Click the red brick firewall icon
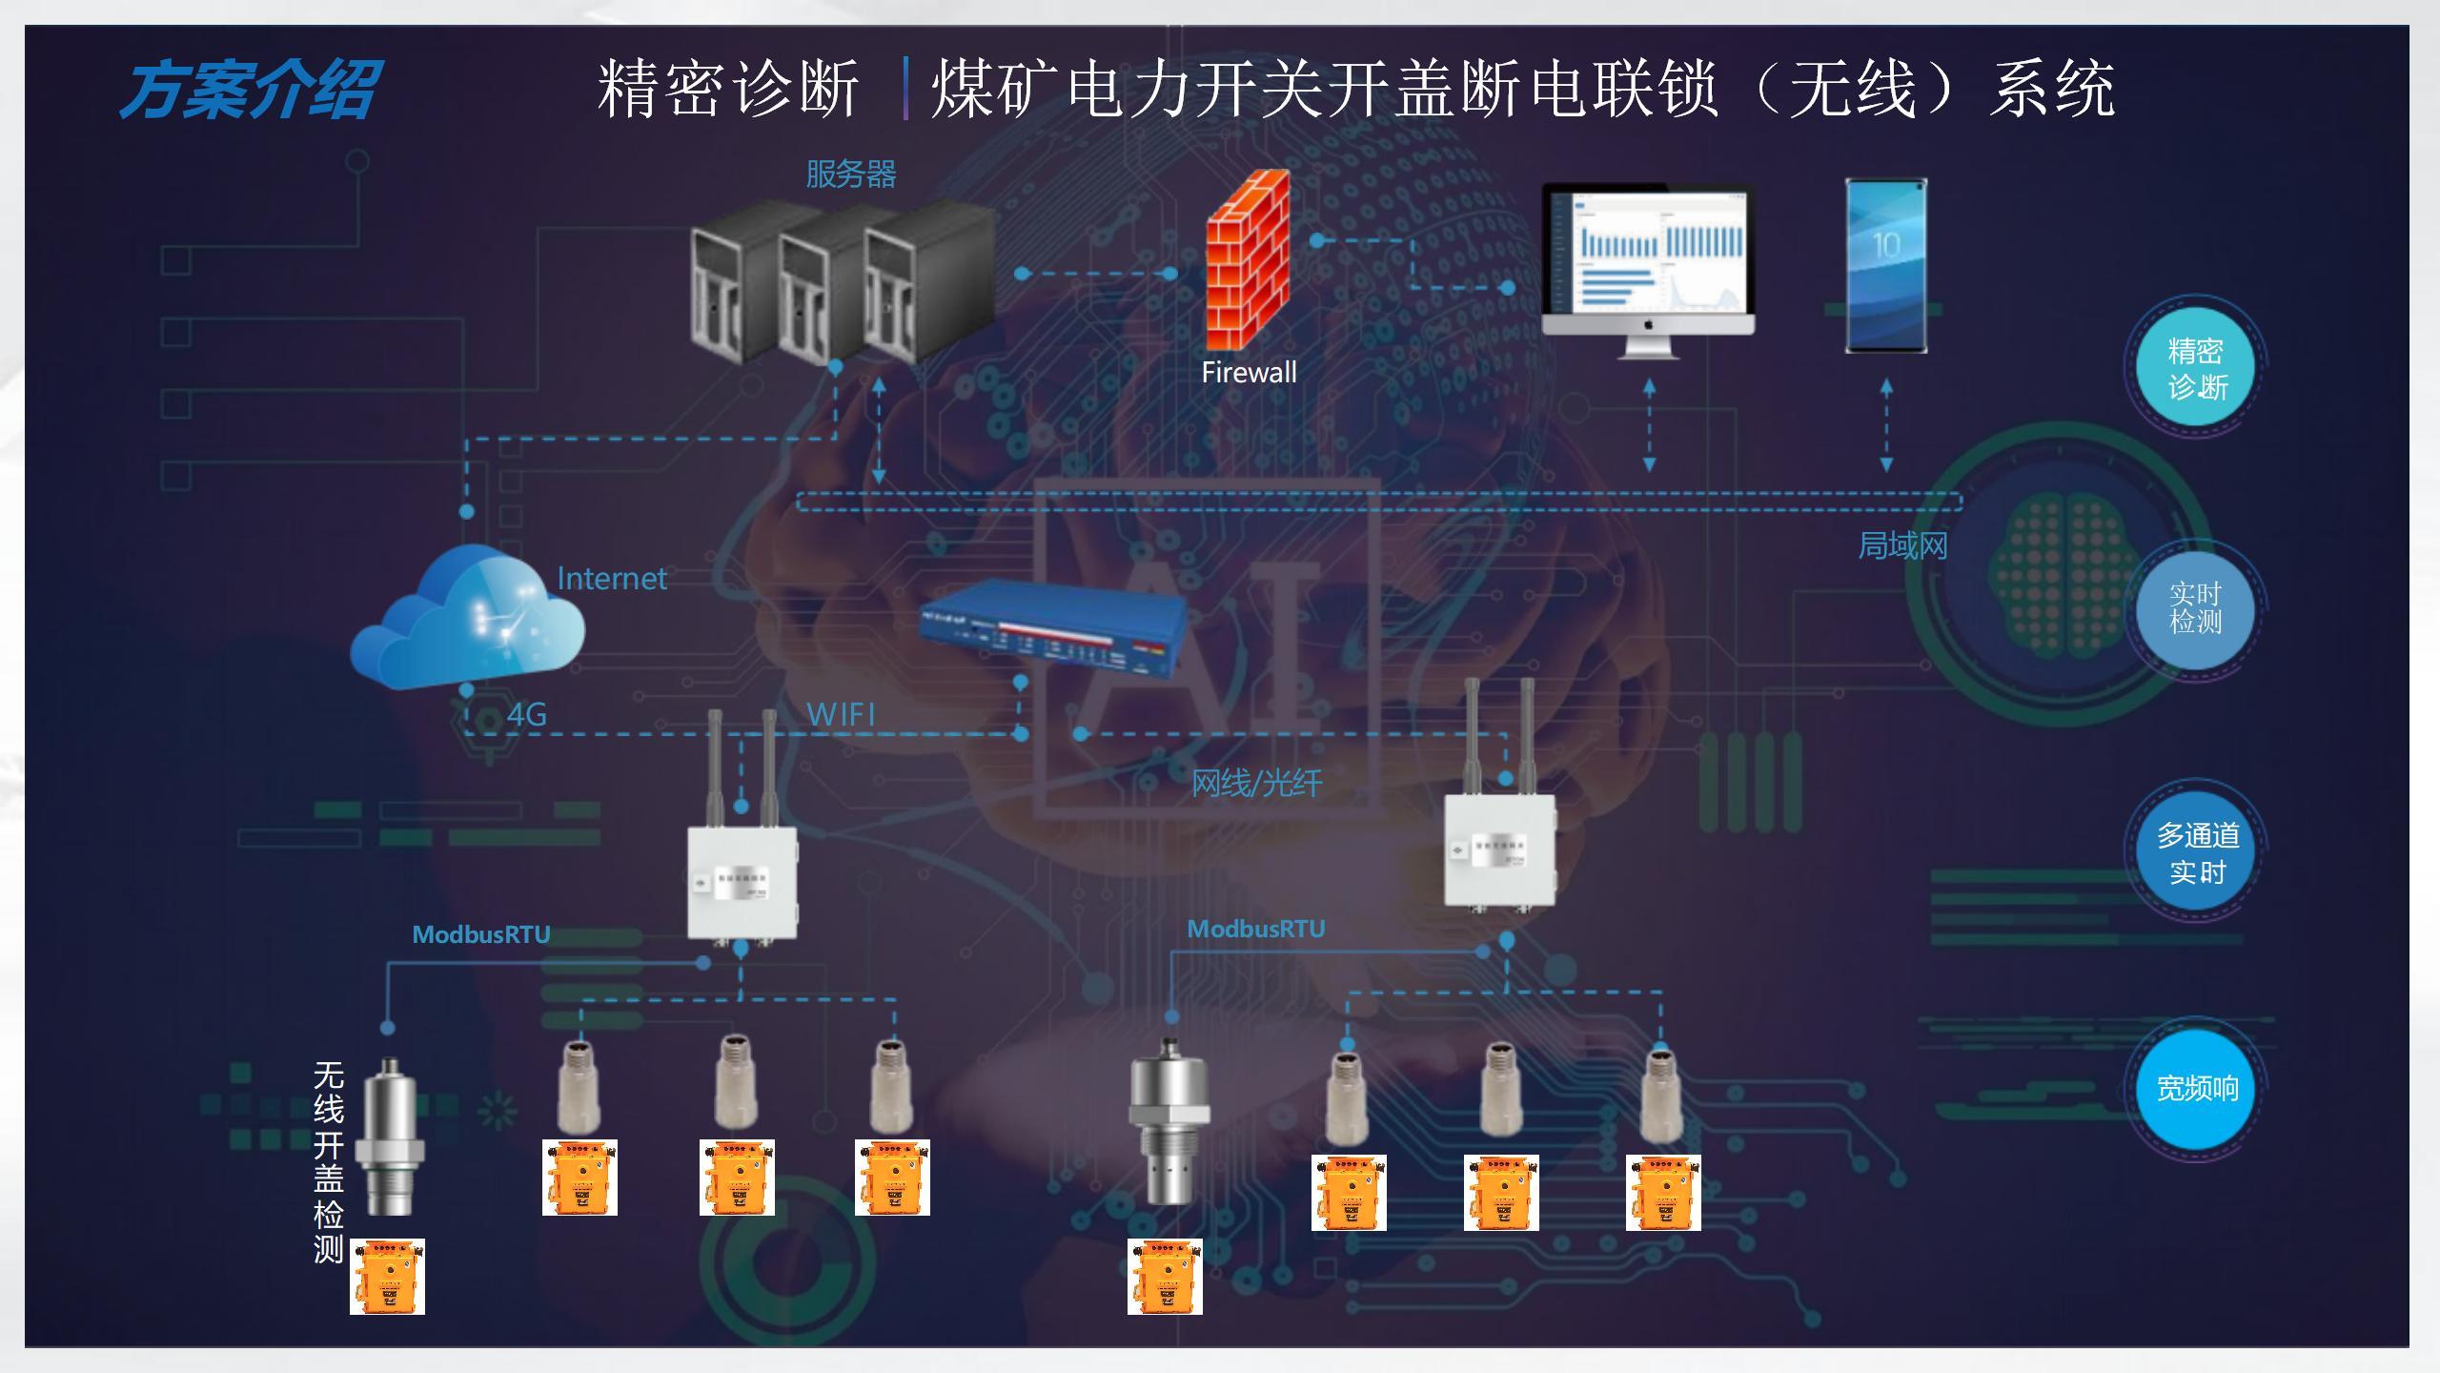tap(1248, 260)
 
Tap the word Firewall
tap(1249, 372)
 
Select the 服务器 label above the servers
tap(850, 174)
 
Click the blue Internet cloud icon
tap(468, 618)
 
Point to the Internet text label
tap(611, 579)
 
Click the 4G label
tap(526, 714)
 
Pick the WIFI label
tap(840, 714)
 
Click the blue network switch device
tap(1053, 630)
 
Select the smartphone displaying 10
tap(1885, 265)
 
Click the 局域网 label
tap(1902, 546)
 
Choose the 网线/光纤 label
tap(1256, 784)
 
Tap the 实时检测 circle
tap(2195, 608)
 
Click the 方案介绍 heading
tap(250, 91)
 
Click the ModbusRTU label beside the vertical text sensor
tap(480, 934)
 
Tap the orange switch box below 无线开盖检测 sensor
tap(387, 1276)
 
